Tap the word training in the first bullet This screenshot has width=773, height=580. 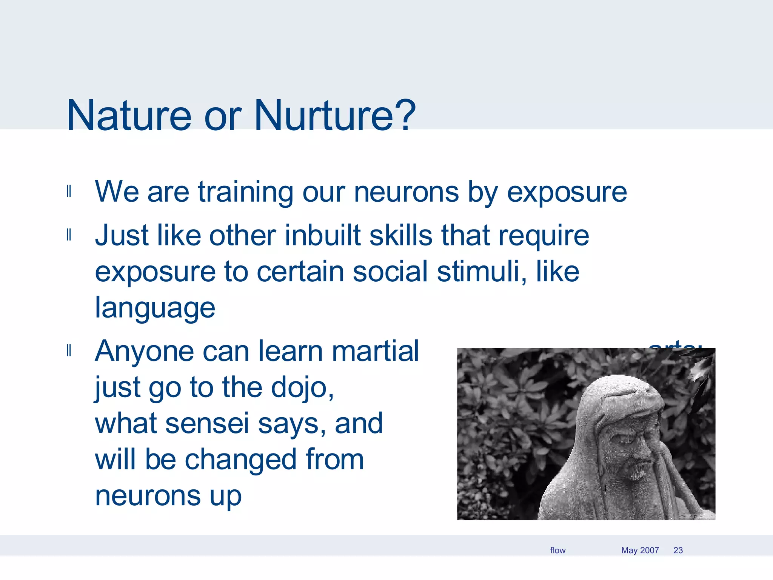point(245,192)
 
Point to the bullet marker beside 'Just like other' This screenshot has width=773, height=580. point(69,234)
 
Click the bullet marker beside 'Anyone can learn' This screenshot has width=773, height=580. point(69,350)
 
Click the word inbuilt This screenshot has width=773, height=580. point(323,235)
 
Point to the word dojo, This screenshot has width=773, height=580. point(302,388)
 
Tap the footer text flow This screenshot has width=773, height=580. point(557,550)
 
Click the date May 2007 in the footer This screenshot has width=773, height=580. point(640,550)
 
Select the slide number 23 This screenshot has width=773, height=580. point(678,550)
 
